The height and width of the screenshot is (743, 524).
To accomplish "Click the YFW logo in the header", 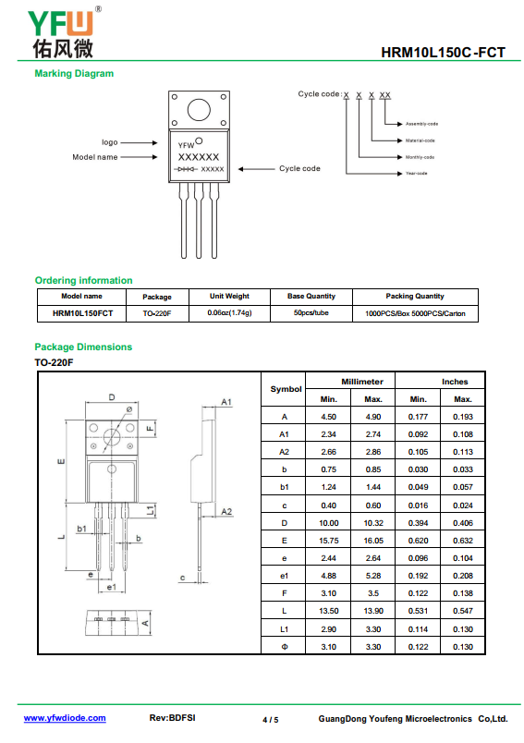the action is (x=64, y=32).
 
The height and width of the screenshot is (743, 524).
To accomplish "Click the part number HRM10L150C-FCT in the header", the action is (x=443, y=52).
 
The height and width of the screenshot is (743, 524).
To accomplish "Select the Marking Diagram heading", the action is (x=74, y=73).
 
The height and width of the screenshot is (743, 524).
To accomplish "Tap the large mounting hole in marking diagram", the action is (x=199, y=110).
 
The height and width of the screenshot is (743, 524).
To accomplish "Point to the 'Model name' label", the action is (x=95, y=157).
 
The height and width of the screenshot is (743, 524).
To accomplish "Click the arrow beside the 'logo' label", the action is (x=139, y=142).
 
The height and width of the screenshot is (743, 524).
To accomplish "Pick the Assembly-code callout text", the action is (x=421, y=124).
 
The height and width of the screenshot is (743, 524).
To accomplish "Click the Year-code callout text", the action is (x=417, y=174).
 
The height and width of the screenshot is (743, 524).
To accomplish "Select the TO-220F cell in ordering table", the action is (x=157, y=313).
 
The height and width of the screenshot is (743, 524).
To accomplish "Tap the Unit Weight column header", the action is (x=229, y=296).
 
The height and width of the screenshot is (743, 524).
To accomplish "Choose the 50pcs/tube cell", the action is (x=311, y=312).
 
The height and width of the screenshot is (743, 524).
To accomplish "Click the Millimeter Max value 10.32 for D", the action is (x=373, y=523).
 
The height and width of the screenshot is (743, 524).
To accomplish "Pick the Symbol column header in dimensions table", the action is (x=286, y=389).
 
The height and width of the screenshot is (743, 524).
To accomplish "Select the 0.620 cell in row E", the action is (x=418, y=541).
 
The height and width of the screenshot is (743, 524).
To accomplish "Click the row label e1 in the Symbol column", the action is (x=285, y=576).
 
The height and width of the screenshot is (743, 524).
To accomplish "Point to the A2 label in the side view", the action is (x=226, y=512).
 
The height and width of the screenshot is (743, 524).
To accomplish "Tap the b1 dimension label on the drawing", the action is (x=81, y=529).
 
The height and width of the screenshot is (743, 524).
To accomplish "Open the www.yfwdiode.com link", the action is (x=65, y=718).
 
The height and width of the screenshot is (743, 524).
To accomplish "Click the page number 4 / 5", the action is (x=271, y=720).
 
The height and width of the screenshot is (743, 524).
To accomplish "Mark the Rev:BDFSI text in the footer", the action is (x=173, y=718).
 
